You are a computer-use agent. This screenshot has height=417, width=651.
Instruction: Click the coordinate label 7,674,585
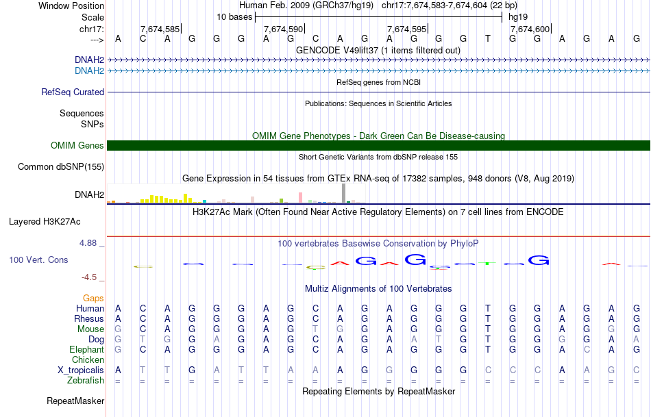(160, 29)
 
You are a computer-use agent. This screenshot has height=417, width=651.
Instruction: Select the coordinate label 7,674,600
(530, 29)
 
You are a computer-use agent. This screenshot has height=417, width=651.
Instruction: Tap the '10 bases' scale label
(234, 16)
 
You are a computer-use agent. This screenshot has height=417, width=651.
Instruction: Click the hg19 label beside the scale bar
(518, 16)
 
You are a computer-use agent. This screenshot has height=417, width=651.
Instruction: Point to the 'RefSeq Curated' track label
(73, 92)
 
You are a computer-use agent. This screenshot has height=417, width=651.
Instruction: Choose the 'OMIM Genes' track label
(77, 145)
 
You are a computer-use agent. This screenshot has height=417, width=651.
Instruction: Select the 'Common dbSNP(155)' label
(61, 166)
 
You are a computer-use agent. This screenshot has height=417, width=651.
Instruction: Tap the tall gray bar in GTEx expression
(343, 193)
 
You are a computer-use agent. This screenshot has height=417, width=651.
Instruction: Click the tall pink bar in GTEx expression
(300, 197)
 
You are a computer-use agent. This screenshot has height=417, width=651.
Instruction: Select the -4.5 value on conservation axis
(93, 277)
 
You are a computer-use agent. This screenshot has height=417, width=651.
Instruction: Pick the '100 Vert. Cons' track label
(39, 260)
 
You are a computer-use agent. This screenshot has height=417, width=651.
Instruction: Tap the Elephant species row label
(86, 349)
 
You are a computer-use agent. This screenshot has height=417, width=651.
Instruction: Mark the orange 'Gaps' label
(93, 298)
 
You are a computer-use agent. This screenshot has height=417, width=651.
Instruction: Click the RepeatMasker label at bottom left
(75, 401)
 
